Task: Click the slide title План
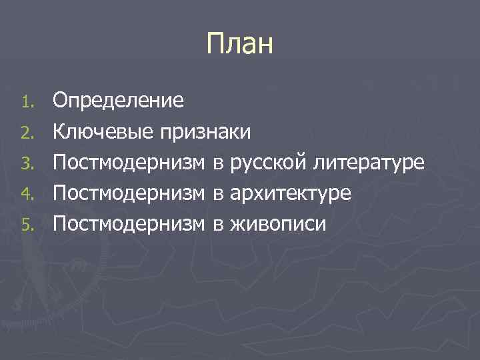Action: click(240, 45)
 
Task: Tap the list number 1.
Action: click(26, 103)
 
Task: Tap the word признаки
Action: click(205, 132)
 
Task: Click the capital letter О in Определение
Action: click(61, 101)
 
